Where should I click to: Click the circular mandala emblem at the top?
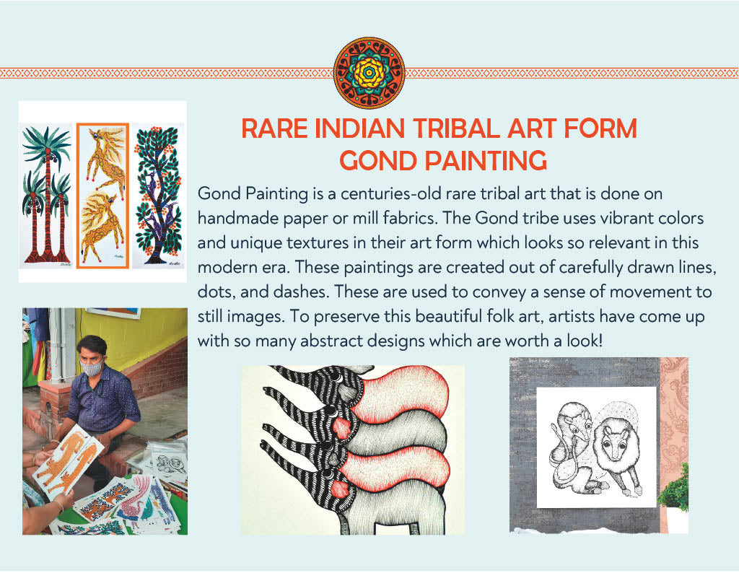[x=369, y=73]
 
